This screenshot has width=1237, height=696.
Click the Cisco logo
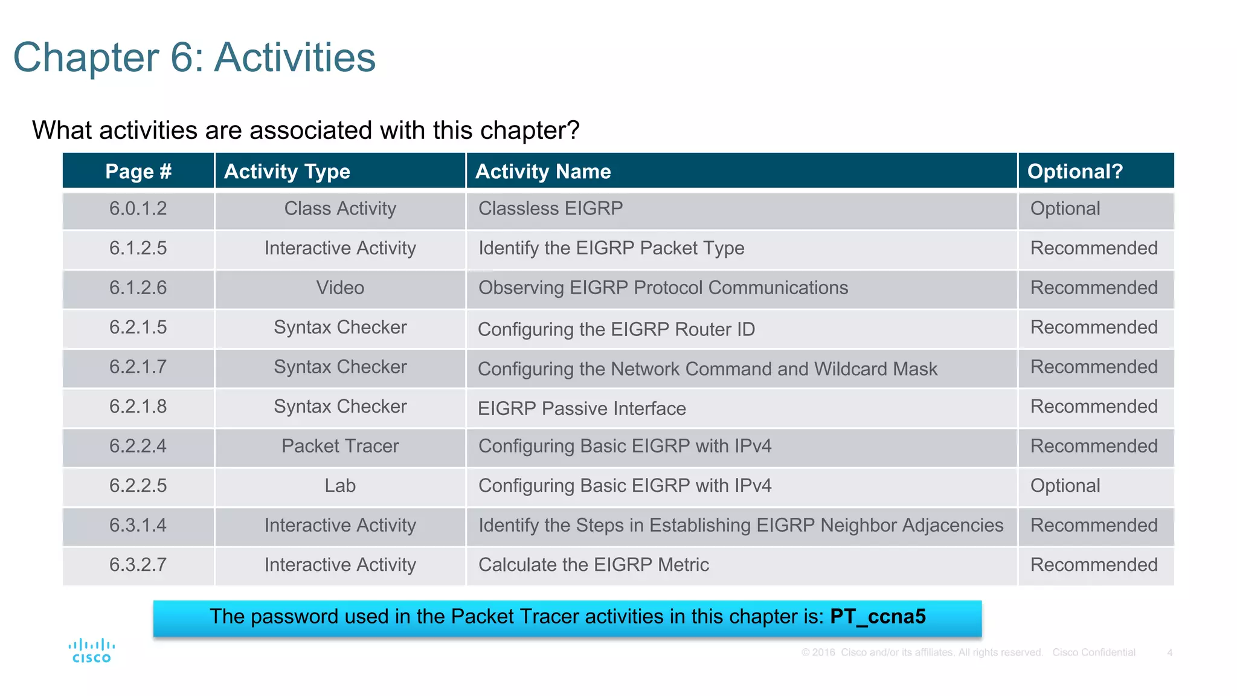point(91,651)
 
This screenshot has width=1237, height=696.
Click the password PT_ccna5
point(877,616)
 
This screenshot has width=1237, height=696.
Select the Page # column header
point(138,171)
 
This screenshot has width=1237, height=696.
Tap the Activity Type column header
point(287,171)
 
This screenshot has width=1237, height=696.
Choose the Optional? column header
point(1075,171)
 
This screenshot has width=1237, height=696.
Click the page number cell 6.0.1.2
point(138,208)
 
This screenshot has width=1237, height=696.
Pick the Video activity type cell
point(340,288)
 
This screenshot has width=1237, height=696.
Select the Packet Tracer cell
point(340,446)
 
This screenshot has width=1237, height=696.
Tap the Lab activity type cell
point(340,486)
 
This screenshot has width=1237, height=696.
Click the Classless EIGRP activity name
point(550,208)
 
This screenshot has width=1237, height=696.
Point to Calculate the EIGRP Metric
point(593,565)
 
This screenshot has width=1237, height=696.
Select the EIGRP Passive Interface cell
point(582,408)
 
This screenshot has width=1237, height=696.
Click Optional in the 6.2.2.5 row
point(1065,486)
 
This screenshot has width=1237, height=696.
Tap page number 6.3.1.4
point(138,525)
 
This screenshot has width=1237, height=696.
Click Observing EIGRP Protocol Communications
point(663,288)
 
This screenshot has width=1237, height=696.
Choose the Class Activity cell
point(340,208)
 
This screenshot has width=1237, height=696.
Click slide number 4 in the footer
point(1169,652)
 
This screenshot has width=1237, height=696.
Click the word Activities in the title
point(295,58)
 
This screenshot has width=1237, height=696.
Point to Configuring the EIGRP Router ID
point(616,329)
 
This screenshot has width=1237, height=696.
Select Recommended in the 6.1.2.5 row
point(1093,248)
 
